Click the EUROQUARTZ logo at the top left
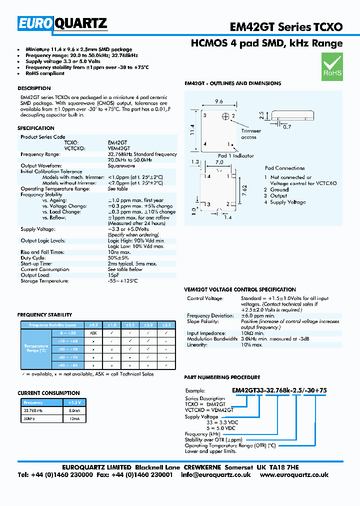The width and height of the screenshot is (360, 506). tap(62, 23)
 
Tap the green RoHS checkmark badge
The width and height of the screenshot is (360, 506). tap(332, 67)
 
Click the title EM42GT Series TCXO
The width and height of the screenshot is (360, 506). tap(286, 26)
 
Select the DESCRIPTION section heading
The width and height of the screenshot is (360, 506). tap(34, 88)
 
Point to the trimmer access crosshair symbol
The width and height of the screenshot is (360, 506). tap(225, 116)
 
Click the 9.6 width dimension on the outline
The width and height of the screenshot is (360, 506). tap(218, 101)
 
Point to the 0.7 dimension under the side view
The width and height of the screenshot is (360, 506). tap(287, 127)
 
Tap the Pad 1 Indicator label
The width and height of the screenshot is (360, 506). tap(236, 155)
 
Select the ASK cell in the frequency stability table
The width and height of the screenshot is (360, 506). tap(93, 332)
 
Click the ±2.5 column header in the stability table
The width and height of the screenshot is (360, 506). tap(166, 325)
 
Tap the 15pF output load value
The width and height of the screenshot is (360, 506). tap(113, 275)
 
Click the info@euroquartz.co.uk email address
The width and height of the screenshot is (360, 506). tap(215, 475)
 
